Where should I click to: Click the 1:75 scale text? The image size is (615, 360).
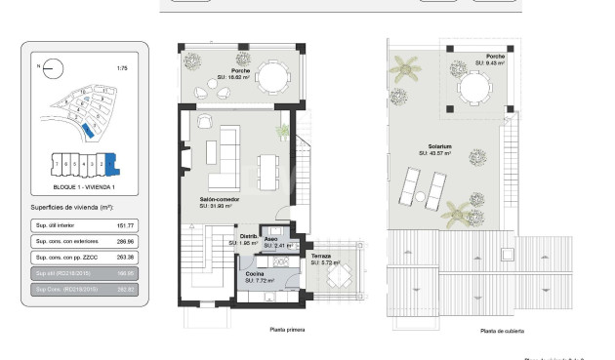click(x=122, y=68)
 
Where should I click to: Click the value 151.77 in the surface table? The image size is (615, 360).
click(x=124, y=225)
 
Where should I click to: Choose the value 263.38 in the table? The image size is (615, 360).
click(x=124, y=257)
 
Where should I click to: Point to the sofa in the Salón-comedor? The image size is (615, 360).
click(x=227, y=158)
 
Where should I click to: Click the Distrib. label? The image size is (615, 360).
click(x=249, y=236)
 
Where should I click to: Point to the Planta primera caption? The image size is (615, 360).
click(x=287, y=330)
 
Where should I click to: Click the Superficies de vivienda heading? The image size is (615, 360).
click(x=72, y=208)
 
